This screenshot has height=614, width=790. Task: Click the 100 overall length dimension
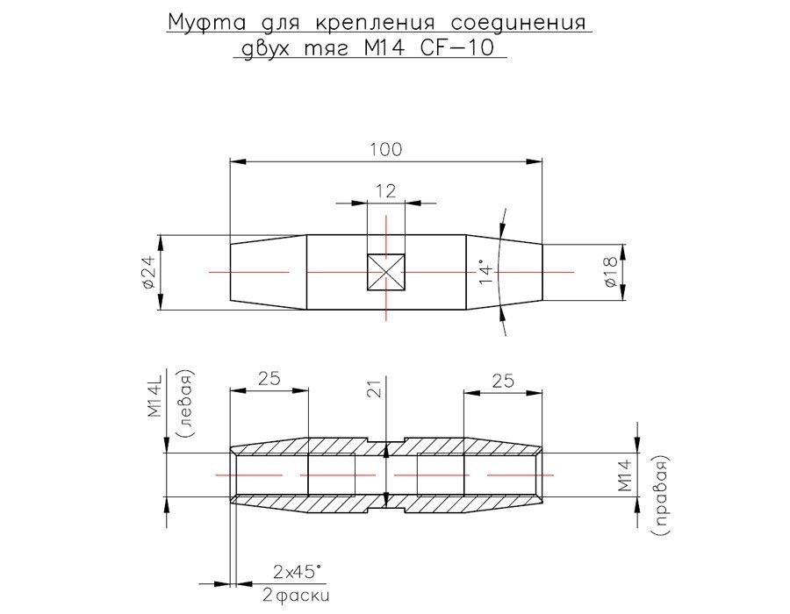[386, 149]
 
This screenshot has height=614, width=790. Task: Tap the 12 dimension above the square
[386, 191]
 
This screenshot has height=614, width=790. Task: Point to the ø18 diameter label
[611, 272]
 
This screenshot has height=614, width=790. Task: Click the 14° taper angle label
[485, 272]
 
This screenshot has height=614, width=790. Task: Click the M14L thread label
[154, 396]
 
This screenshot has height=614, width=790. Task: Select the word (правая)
[662, 496]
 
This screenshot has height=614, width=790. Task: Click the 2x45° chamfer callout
[296, 572]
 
